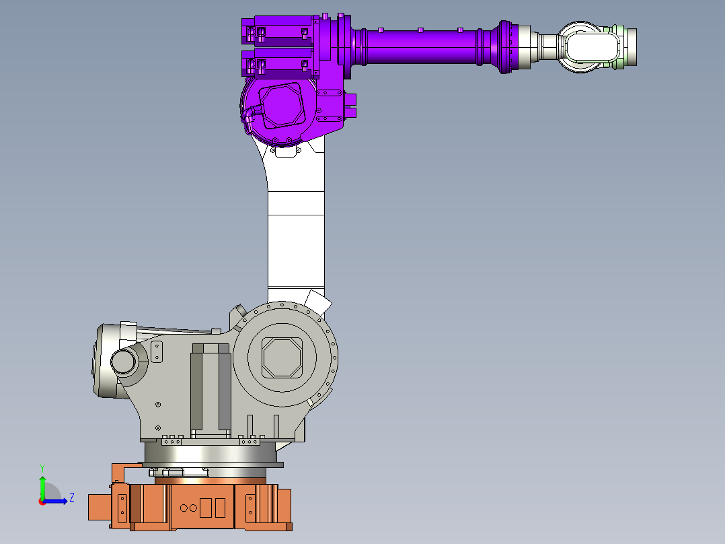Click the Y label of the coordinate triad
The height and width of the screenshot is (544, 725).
(42, 467)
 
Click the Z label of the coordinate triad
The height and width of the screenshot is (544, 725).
(71, 498)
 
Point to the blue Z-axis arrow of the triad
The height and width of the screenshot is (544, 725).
(59, 500)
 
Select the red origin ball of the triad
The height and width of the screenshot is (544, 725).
(42, 501)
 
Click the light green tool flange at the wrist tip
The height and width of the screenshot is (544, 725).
(629, 46)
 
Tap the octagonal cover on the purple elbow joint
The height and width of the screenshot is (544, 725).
(282, 106)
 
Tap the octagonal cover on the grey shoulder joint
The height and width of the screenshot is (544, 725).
(281, 358)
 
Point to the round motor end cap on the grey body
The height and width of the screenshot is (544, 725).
(124, 361)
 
